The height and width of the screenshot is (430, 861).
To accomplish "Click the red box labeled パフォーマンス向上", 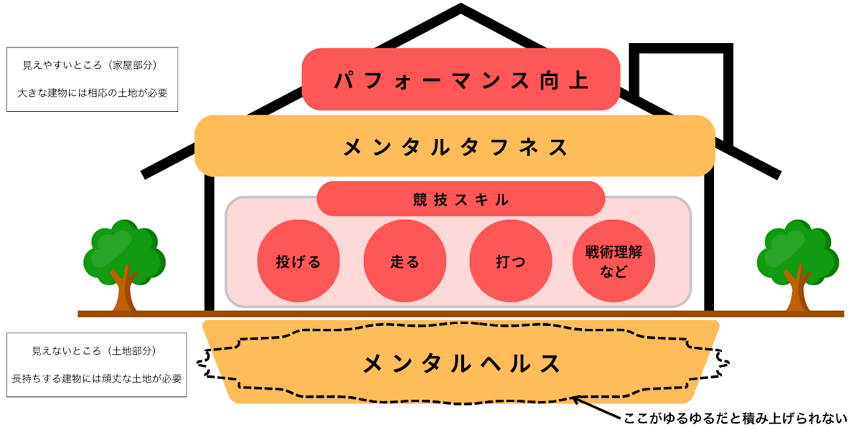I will (x=461, y=79).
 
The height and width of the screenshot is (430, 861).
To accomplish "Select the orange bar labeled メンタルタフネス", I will (x=455, y=146).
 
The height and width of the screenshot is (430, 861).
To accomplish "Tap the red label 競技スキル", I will (x=461, y=199).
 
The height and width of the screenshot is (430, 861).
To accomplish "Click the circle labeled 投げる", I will (x=298, y=261).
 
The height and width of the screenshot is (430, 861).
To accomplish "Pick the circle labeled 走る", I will (x=405, y=261).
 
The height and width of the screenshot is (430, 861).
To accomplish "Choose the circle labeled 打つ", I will (x=510, y=261).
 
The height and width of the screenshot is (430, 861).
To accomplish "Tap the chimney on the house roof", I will (x=682, y=79).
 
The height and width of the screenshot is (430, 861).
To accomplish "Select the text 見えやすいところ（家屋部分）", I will (x=90, y=65).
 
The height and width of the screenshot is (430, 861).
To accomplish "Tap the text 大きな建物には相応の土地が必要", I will (x=91, y=92).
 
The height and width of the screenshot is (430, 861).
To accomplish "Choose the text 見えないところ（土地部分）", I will (x=94, y=351).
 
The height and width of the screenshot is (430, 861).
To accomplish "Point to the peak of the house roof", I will (x=461, y=10).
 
